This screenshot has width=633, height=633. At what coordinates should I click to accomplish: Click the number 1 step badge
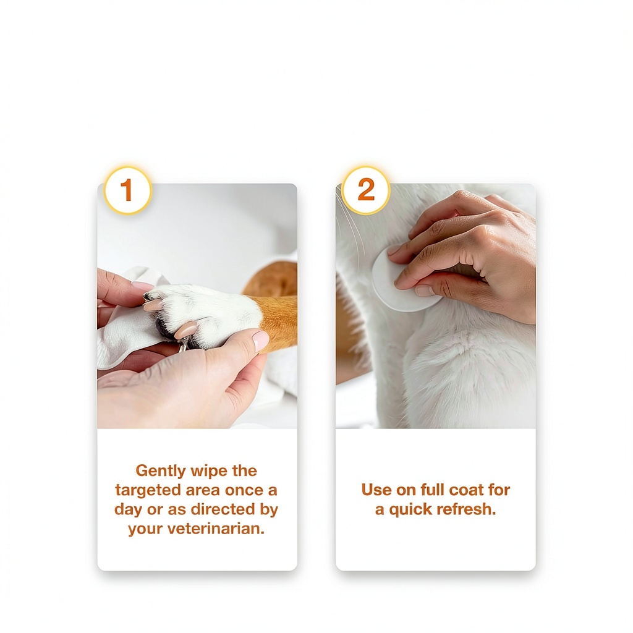click(127, 190)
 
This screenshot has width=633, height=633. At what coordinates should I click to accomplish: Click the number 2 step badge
click(366, 190)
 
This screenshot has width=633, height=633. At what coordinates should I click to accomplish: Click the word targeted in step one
click(147, 490)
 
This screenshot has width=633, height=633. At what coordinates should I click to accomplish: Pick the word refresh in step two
click(466, 509)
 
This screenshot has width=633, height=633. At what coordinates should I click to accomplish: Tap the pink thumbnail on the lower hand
click(260, 341)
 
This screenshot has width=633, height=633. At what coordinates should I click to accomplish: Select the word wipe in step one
click(209, 471)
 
